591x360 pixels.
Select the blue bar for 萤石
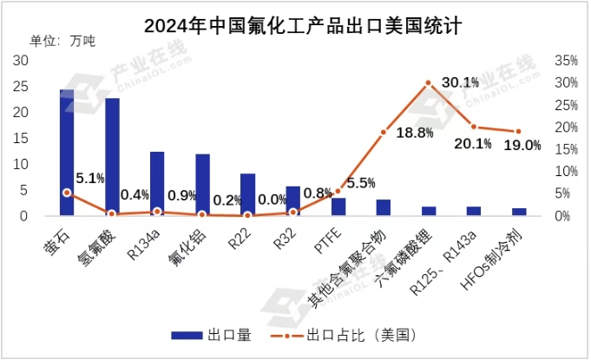click(67, 153)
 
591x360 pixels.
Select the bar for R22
click(247, 194)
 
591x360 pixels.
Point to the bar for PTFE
click(338, 206)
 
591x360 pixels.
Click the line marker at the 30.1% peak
click(428, 82)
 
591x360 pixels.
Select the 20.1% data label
click(472, 142)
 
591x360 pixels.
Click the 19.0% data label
click(522, 145)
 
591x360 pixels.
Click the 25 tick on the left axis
click(22, 87)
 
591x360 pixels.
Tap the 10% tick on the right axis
click(565, 172)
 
